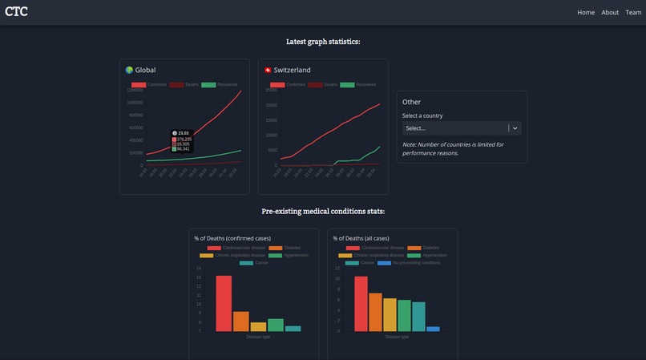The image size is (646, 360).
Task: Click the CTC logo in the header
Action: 16,11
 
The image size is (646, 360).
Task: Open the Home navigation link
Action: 586,12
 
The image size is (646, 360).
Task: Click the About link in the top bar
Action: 610,12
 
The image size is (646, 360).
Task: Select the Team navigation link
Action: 633,12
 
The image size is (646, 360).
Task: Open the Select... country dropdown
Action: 461,128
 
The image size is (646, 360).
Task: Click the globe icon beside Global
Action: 129,71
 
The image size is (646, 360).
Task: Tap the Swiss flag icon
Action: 268,71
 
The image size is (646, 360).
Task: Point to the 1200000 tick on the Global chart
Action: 135,90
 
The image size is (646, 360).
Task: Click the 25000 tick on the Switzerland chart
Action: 271,90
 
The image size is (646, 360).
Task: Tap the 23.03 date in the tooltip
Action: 184,133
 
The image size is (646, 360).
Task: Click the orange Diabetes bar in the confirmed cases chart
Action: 240,322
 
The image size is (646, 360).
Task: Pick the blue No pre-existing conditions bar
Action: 433,329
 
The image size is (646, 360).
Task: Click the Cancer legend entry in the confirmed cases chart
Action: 255,263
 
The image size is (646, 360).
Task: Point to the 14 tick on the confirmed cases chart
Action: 199,269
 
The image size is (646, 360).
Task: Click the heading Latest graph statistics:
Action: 323,42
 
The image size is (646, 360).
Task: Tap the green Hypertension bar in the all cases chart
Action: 404,315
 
